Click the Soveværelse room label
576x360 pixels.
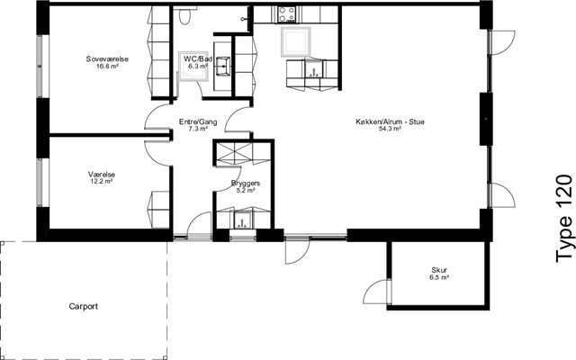coord(107,58)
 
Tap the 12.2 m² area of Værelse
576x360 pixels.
coord(102,181)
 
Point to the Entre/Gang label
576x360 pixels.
coord(198,122)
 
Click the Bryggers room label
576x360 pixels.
coord(246,183)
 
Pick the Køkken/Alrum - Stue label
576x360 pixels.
coord(390,121)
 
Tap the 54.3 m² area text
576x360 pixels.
coord(390,129)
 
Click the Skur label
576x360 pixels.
coord(439,270)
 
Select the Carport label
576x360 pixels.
coord(84,306)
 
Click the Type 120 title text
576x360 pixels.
coord(564,219)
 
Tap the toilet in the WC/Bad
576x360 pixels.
coord(184,16)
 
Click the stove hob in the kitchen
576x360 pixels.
coord(287,14)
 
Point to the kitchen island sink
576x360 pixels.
coord(313,68)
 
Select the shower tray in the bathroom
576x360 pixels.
coord(192,66)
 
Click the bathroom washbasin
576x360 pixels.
coord(222,67)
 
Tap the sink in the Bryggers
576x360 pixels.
coord(242,220)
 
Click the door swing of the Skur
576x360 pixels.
coord(374,292)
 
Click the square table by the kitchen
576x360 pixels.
coord(296,41)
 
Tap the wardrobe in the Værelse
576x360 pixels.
coord(158,210)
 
